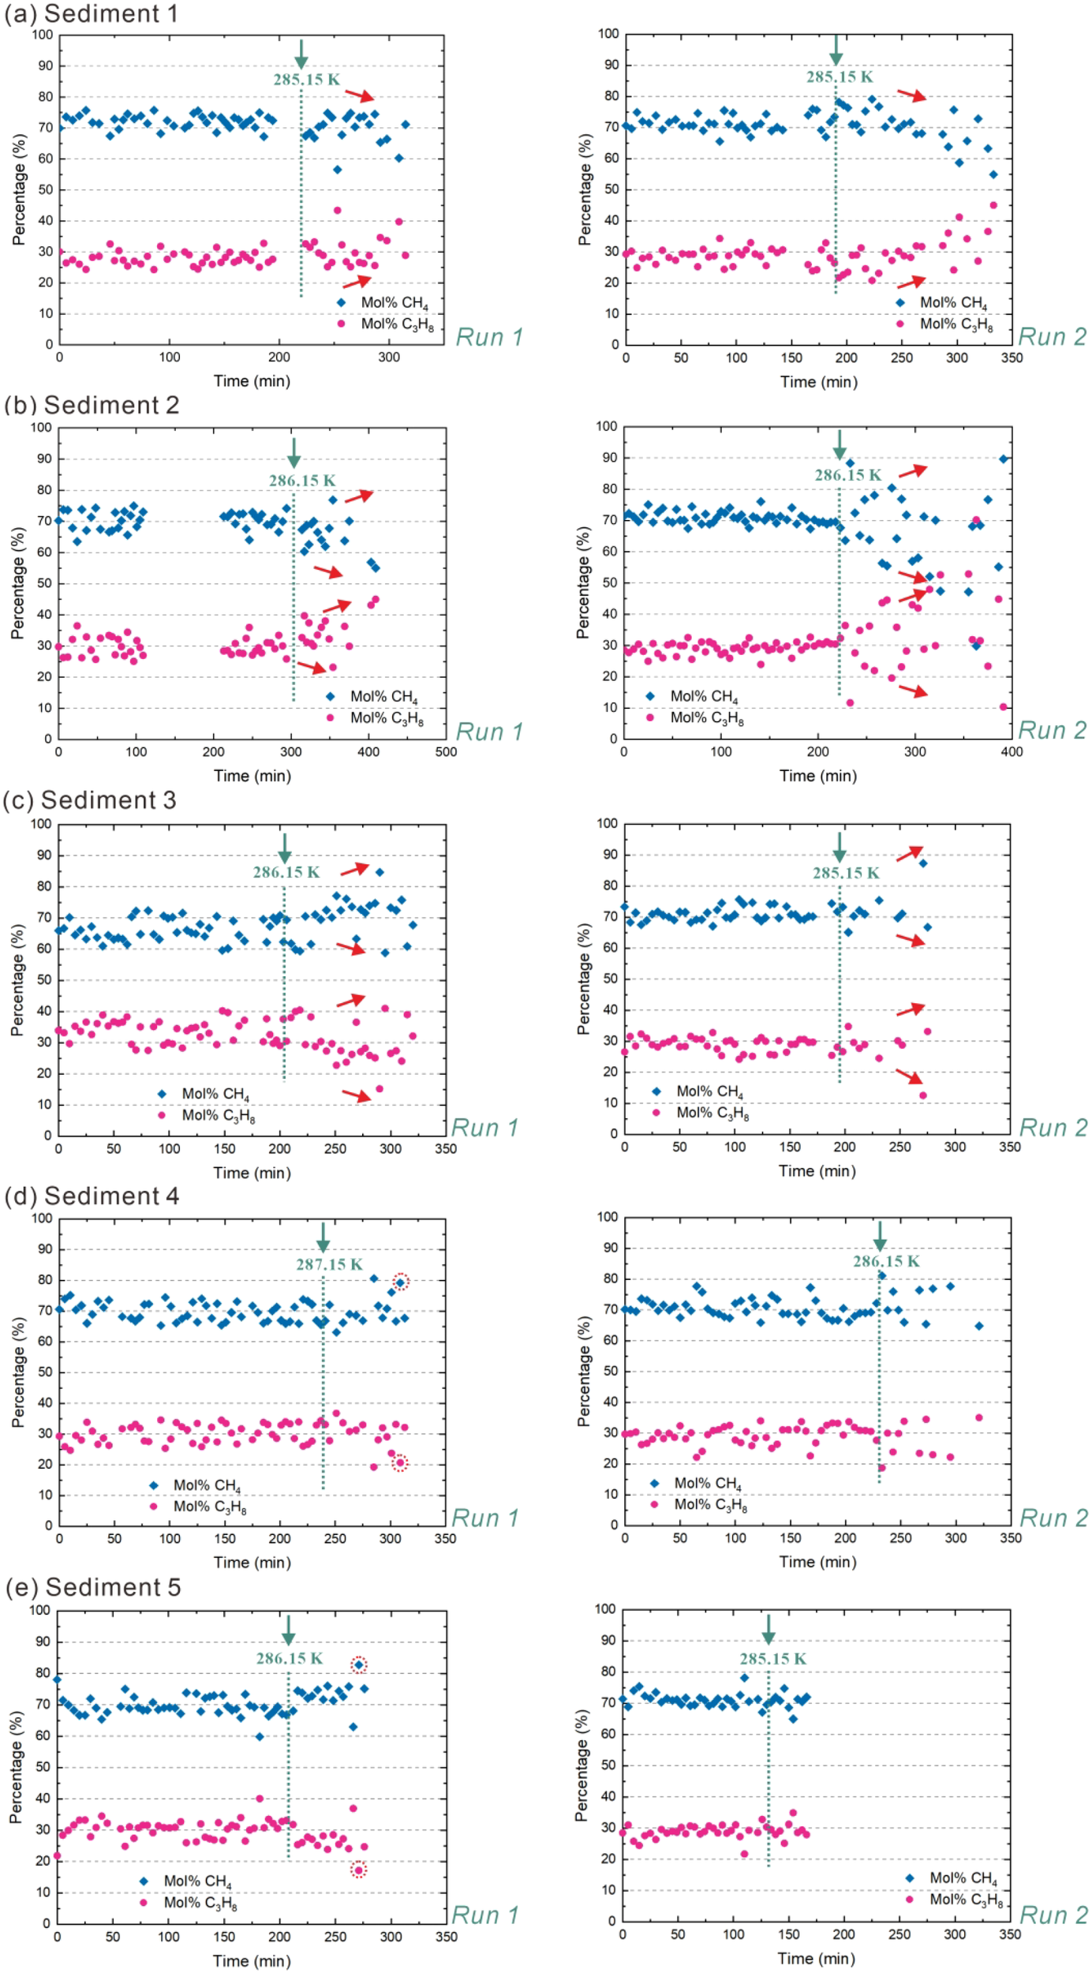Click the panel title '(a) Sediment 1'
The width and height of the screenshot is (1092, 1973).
pos(91,13)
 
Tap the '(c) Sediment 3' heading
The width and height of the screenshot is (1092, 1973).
pos(89,800)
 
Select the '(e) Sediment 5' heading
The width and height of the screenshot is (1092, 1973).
pos(93,1587)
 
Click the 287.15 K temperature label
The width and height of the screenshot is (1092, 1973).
pos(329,1264)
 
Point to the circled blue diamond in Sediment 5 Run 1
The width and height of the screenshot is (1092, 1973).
pos(359,1665)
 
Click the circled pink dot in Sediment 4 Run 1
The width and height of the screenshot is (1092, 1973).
pos(400,1463)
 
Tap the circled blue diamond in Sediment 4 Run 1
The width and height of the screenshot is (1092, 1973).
pos(400,1282)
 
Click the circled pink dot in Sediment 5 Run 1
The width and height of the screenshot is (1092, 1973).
pos(359,1870)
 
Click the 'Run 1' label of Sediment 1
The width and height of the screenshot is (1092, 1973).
pos(489,337)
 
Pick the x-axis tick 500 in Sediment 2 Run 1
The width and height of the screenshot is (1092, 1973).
pos(446,752)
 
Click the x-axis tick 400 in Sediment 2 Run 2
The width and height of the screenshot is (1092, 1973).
pos(1012,752)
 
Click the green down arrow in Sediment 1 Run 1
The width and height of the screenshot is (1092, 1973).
pos(301,54)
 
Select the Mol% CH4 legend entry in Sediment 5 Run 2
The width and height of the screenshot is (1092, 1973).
pos(954,1878)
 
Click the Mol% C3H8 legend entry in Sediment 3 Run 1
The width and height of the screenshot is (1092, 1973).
pos(207,1115)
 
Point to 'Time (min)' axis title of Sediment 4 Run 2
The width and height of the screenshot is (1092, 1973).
pos(817,1562)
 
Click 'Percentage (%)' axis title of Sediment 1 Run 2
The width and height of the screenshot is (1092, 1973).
pos(584,189)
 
